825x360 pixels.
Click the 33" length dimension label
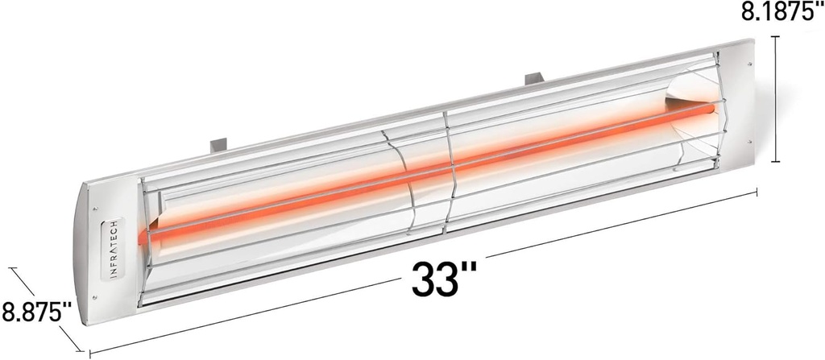pos(444,279)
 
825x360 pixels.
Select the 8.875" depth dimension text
pos(36,310)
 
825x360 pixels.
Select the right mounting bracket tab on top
pos(534,78)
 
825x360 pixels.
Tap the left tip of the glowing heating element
pos(143,238)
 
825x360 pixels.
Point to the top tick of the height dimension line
pos(776,36)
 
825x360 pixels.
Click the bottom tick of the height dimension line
pos(776,162)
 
